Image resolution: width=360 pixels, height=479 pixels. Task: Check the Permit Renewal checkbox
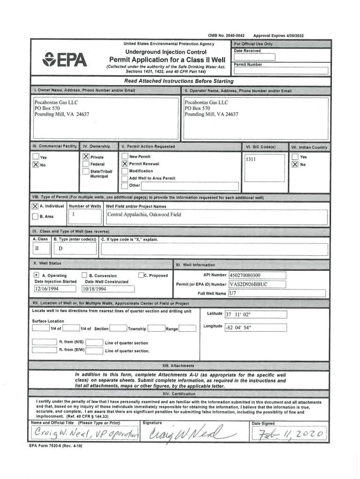[x=124, y=164]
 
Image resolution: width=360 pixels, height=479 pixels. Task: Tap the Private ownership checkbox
[x=86, y=157]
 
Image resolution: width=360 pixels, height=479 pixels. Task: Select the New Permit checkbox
[x=124, y=157]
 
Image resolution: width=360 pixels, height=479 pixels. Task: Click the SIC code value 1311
[x=251, y=160]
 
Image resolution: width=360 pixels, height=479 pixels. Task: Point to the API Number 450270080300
[x=245, y=276]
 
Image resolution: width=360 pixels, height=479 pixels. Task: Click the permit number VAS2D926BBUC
[x=248, y=284]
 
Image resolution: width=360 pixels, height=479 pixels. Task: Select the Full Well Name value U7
[x=233, y=293]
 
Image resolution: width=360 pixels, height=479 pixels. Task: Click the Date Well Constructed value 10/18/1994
[x=94, y=289]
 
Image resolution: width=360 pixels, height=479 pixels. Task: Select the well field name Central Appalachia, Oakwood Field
[x=144, y=215]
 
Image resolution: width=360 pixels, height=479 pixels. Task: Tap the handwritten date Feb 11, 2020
[x=290, y=436]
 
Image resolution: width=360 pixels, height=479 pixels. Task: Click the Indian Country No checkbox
[x=295, y=164]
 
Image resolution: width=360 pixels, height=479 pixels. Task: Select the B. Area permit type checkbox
[x=35, y=217]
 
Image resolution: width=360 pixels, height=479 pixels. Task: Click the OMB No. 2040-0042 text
[x=226, y=36]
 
